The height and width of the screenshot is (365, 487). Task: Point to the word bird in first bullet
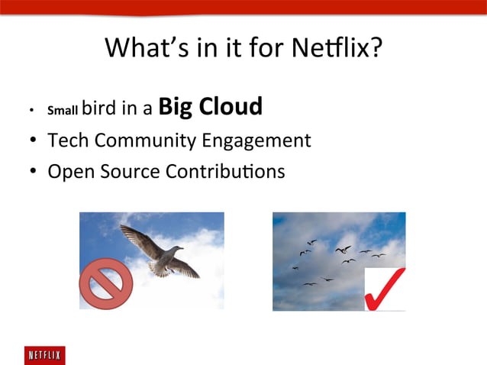(x=98, y=108)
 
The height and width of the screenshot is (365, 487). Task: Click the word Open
(x=69, y=172)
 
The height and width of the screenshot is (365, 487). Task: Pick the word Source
(x=126, y=171)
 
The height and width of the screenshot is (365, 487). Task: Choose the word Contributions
(x=224, y=171)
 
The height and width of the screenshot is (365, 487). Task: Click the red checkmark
(x=385, y=289)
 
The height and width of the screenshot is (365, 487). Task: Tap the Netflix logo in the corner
(x=44, y=355)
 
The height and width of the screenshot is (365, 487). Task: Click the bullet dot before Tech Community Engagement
(x=34, y=141)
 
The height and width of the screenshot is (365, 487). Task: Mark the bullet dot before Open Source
(x=34, y=172)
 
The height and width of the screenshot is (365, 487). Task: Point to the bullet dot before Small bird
(x=31, y=111)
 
